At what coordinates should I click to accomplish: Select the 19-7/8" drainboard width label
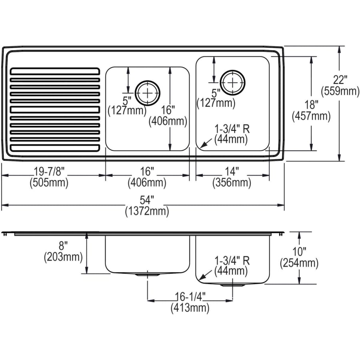[x=49, y=172]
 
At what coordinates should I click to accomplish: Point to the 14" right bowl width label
[x=232, y=172]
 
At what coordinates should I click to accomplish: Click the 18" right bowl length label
[x=311, y=105]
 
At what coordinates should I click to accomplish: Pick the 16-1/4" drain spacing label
[x=190, y=297]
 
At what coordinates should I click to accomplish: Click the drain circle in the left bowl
[x=148, y=93]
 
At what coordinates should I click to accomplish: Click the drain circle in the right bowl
[x=232, y=82]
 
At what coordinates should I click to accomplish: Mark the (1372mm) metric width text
[x=148, y=211]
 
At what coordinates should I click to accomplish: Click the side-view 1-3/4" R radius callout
[x=232, y=261]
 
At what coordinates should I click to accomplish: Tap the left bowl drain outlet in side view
[x=148, y=275]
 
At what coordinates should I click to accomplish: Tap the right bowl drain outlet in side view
[x=232, y=285]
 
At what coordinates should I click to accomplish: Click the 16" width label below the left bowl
[x=147, y=172]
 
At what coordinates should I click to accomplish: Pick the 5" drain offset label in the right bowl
[x=216, y=93]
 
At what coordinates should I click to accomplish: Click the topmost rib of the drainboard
[x=53, y=71]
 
